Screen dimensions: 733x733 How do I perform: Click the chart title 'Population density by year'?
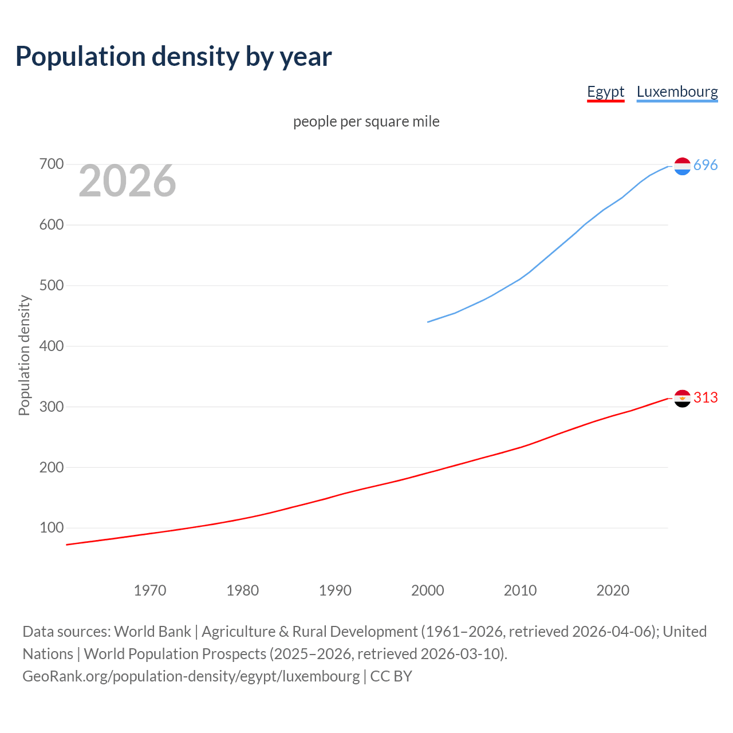(174, 57)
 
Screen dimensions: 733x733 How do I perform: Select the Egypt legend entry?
(605, 92)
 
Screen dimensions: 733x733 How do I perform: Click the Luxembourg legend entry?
(677, 92)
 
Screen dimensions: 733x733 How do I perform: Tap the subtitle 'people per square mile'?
(366, 122)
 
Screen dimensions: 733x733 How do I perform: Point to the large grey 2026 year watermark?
(127, 181)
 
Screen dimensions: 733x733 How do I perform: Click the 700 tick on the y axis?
(51, 164)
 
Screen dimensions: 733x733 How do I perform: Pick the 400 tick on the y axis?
(51, 346)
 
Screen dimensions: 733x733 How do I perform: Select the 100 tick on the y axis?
(51, 527)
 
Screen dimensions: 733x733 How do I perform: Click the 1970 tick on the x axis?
(150, 590)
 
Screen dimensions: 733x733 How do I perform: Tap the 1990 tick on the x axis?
(335, 590)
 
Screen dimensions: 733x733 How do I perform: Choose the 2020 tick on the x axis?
(613, 590)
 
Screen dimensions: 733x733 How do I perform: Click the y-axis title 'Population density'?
(24, 355)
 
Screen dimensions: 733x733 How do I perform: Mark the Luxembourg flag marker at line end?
(682, 166)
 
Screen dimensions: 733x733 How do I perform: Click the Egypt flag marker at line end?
(682, 398)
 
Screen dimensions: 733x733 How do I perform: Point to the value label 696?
(706, 165)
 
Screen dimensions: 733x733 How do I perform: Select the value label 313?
(706, 398)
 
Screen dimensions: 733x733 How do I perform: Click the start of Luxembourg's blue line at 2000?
(428, 322)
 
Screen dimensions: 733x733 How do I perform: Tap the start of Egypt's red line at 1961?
(67, 545)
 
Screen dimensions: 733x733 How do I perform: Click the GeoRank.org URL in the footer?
(191, 676)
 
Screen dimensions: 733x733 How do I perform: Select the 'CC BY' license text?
(391, 676)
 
